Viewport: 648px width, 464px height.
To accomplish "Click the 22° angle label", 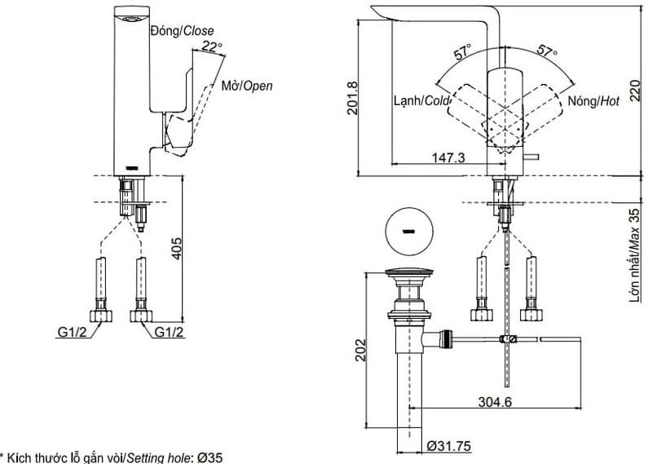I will pyautogui.click(x=211, y=47).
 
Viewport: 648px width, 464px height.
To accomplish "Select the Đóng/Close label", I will pyautogui.click(x=182, y=31).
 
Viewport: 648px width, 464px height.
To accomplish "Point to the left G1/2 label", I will pyautogui.click(x=73, y=332).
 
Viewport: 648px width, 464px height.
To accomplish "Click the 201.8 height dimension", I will pyautogui.click(x=352, y=98).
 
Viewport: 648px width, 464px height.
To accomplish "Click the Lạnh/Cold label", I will pyautogui.click(x=421, y=101).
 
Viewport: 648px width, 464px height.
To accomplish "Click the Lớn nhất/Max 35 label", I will pyautogui.click(x=634, y=255).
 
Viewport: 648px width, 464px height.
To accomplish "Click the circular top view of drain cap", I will pyautogui.click(x=408, y=231).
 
